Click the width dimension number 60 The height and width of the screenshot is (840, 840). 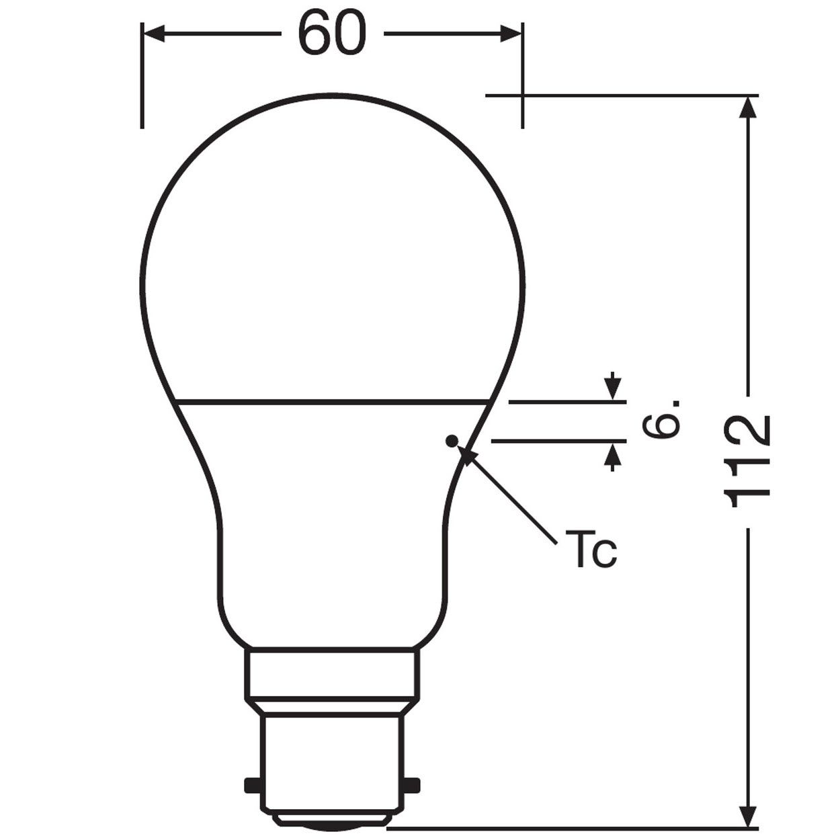[332, 34]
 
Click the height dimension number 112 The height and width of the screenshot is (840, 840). [747, 461]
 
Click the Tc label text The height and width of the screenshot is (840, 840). [591, 549]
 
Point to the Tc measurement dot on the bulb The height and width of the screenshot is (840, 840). [452, 441]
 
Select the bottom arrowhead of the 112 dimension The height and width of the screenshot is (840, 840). [748, 816]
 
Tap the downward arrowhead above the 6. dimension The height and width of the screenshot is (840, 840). [612, 389]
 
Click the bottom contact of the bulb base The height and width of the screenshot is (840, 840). [332, 821]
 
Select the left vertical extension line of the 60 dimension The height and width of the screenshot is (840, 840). [142, 74]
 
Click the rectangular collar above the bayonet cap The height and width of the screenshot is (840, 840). [332, 673]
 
